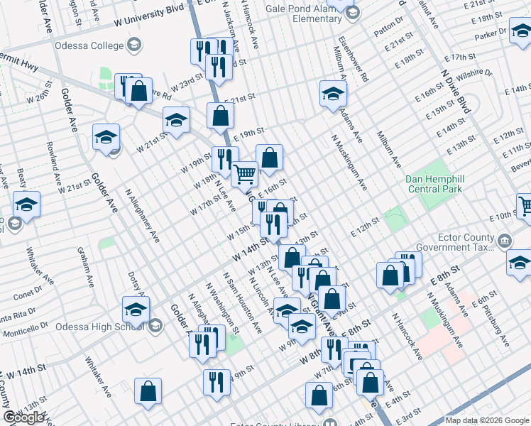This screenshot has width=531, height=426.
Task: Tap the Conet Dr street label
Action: pos(27,293)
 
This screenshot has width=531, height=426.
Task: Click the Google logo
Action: pos(23,417)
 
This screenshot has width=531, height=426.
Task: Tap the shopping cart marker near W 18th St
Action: pos(245,173)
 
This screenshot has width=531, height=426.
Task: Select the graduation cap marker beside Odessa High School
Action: pos(136,310)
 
